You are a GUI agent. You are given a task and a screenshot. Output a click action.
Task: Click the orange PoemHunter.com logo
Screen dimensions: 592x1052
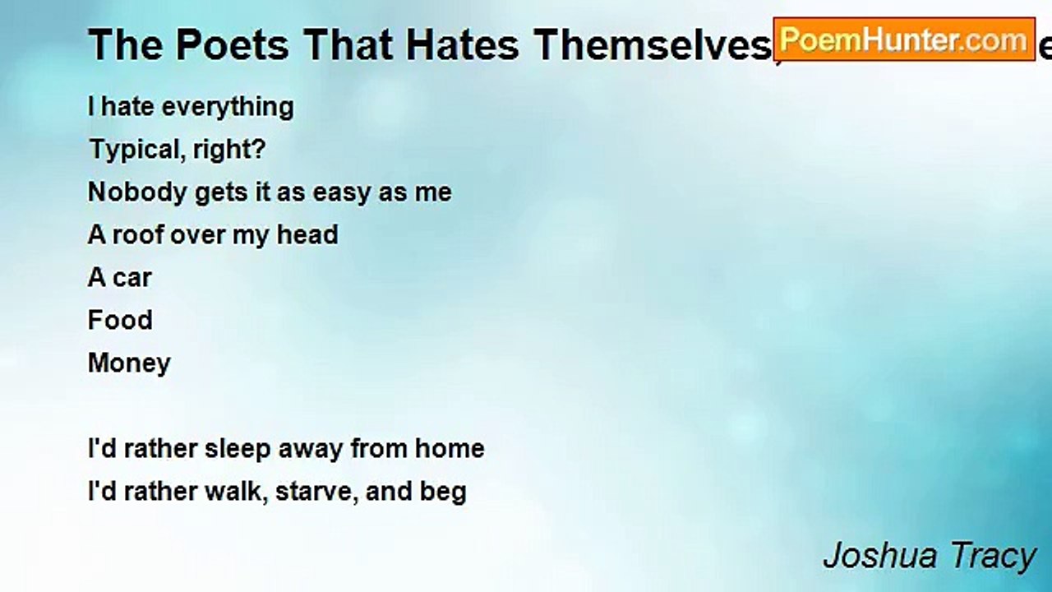pos(903,39)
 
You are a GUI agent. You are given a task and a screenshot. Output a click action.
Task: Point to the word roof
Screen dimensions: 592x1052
pos(141,235)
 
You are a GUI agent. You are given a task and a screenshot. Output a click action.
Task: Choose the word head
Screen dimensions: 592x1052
pos(307,235)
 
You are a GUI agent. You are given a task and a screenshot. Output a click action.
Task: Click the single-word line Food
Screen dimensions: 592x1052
pos(120,320)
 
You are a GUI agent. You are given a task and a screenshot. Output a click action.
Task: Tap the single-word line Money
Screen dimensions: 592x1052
pos(129,363)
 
